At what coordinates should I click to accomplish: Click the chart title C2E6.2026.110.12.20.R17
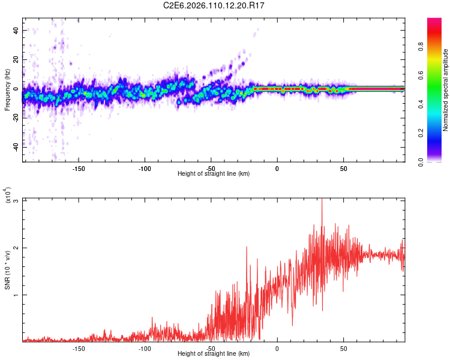(x=214, y=5)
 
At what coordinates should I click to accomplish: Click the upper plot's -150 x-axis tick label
(x=79, y=169)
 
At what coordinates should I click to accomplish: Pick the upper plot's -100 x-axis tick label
(x=145, y=169)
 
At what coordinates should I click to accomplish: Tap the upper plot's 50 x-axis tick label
(x=343, y=169)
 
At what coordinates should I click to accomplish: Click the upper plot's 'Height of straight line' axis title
(x=214, y=174)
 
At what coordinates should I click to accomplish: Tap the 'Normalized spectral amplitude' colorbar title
(x=446, y=90)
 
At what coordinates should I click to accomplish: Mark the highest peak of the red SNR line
(x=322, y=199)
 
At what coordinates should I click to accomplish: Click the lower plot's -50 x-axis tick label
(x=211, y=349)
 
